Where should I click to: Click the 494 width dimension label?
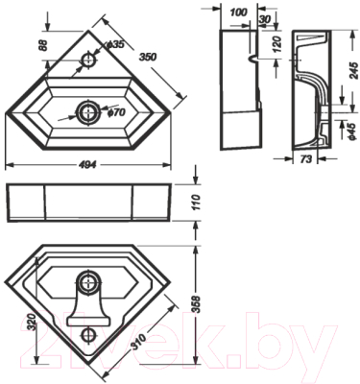pos(87,165)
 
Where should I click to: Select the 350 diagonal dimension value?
pos(148,57)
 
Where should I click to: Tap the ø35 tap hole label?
pos(115,45)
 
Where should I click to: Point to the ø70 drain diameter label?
pos(116,112)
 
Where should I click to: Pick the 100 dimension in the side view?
pos(239,12)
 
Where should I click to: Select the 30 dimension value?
pos(265,19)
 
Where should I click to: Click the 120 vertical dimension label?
pos(277,44)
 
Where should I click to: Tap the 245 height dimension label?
pos(353,70)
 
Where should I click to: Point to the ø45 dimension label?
pos(352,131)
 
